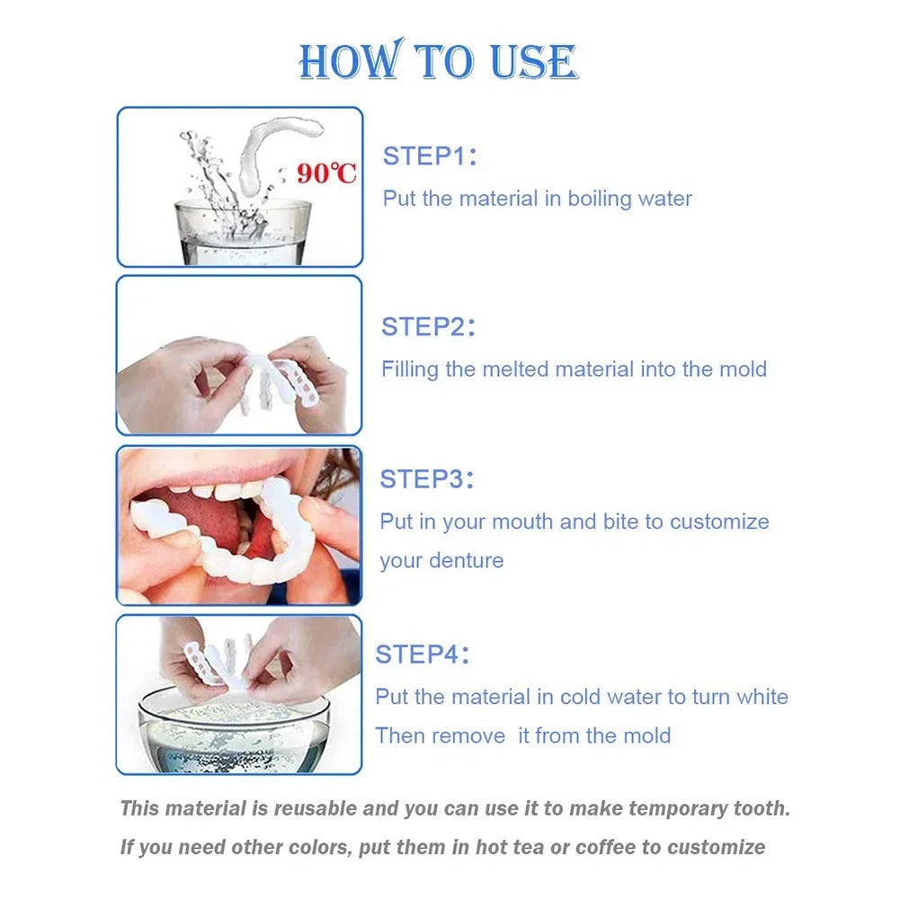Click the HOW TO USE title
click(x=438, y=62)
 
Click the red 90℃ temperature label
click(x=327, y=173)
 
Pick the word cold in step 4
click(x=584, y=697)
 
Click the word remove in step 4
click(x=477, y=736)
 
